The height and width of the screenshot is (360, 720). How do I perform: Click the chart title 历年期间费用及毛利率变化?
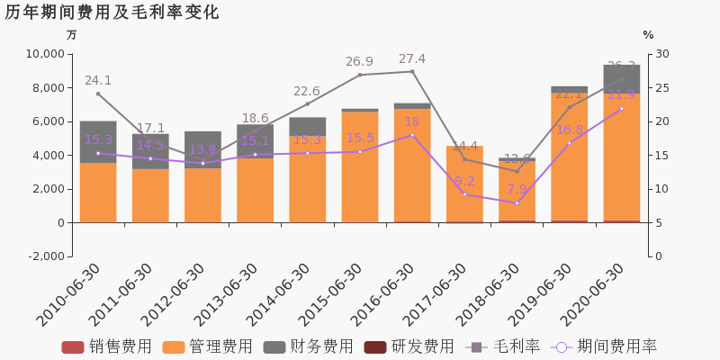[112, 13]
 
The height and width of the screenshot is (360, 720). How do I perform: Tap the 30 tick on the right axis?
[661, 54]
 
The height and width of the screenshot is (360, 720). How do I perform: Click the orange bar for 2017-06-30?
[464, 184]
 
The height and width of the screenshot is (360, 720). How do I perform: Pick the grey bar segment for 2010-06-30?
[98, 141]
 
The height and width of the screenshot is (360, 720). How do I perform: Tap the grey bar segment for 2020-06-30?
[622, 77]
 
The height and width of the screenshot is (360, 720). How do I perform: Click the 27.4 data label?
[412, 59]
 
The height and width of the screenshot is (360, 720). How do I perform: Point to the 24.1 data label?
[98, 80]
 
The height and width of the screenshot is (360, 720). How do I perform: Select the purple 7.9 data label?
[517, 190]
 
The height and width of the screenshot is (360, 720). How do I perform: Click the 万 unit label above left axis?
[72, 35]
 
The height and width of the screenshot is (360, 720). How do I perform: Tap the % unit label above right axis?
[648, 35]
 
